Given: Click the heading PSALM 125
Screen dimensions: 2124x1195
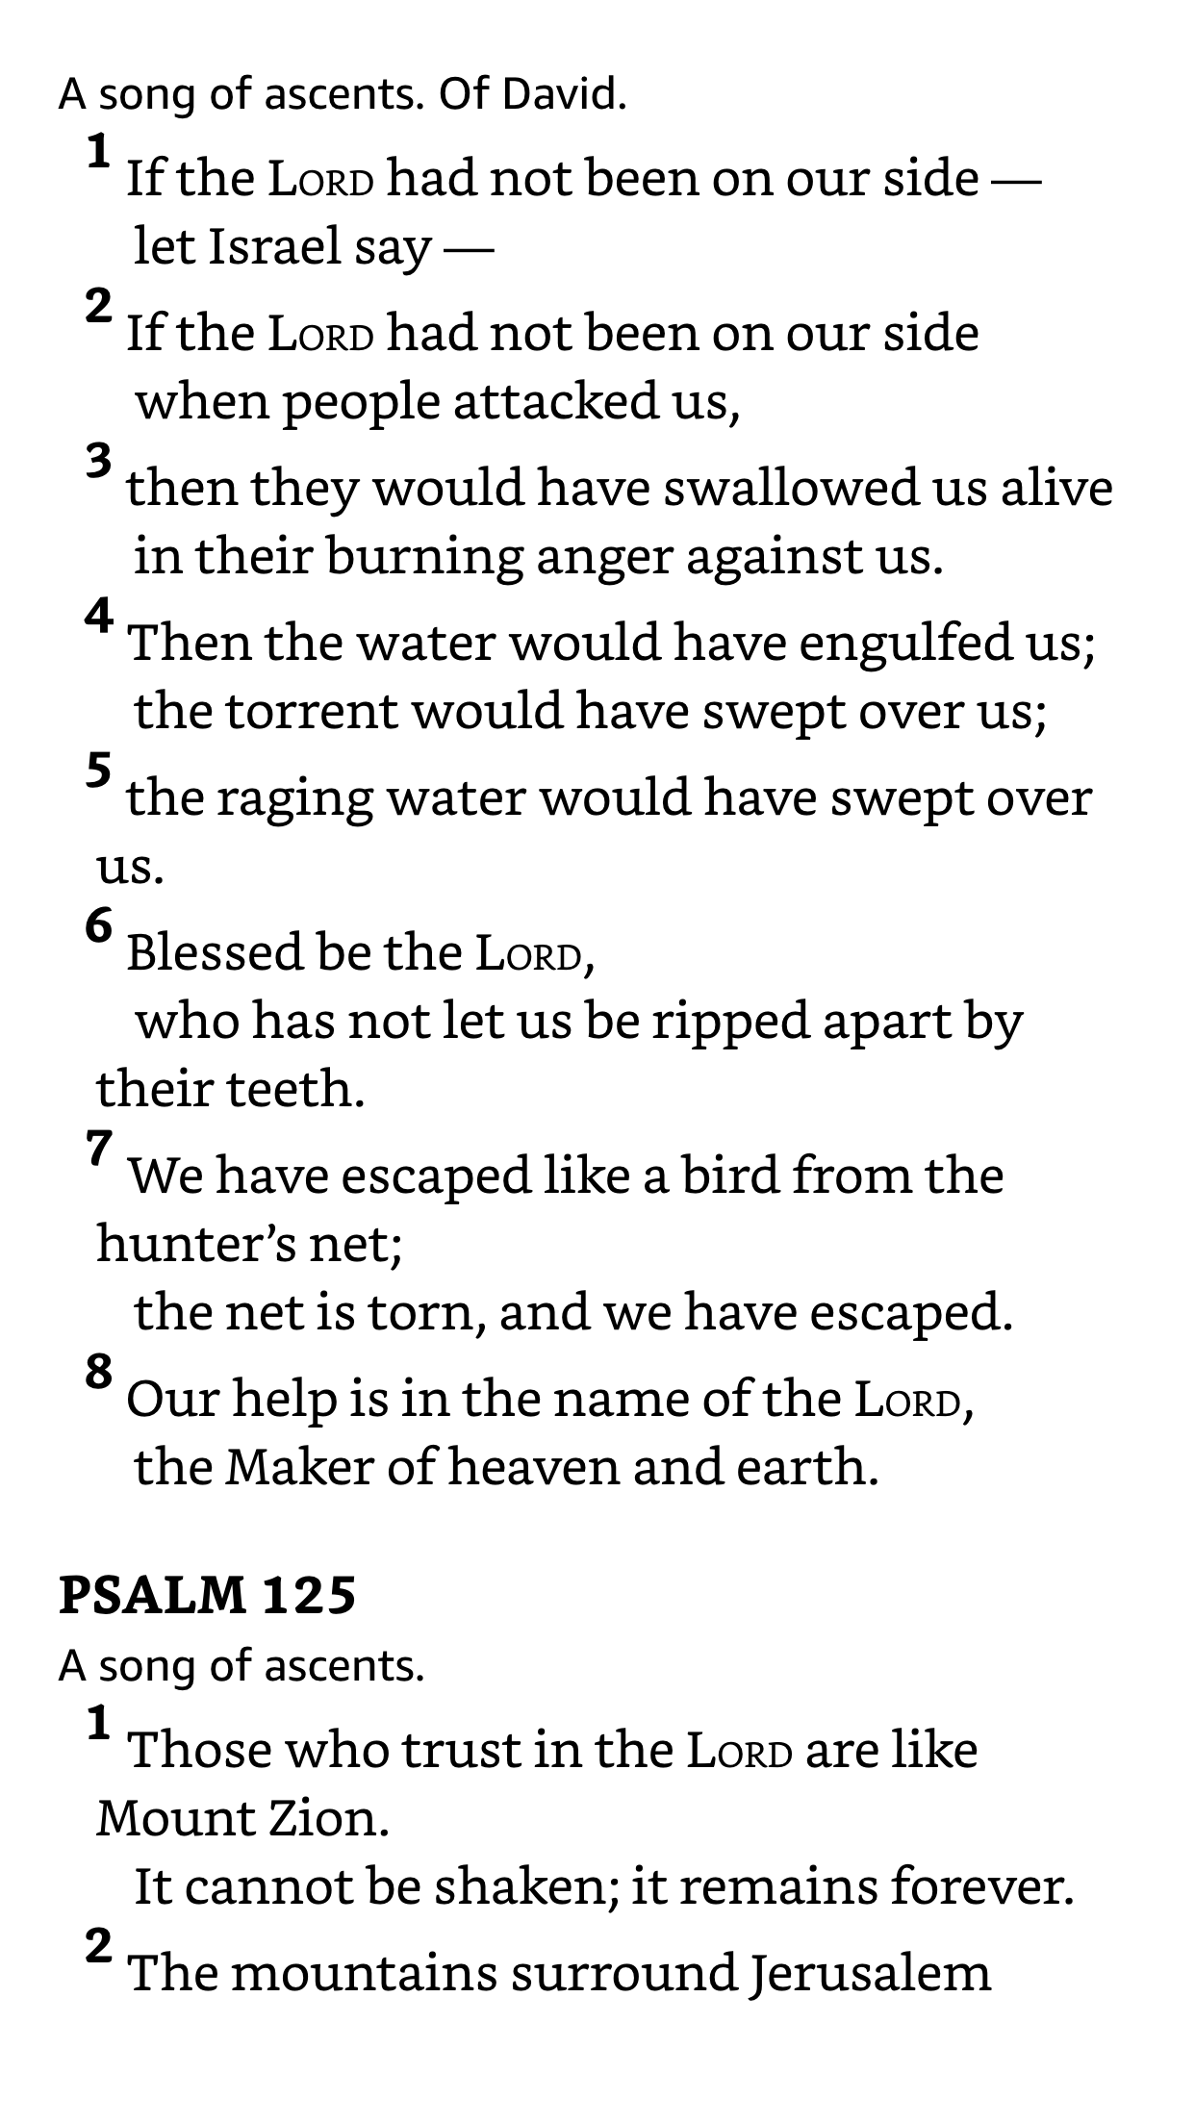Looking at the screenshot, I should [x=207, y=1595].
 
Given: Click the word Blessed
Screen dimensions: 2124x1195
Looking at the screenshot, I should [x=214, y=952].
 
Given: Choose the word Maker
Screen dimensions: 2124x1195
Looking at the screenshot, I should [x=299, y=1467].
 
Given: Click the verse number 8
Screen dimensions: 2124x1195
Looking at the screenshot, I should [x=99, y=1371].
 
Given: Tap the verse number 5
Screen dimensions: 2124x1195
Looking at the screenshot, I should [x=99, y=771].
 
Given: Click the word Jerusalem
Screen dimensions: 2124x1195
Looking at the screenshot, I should [x=871, y=1973].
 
